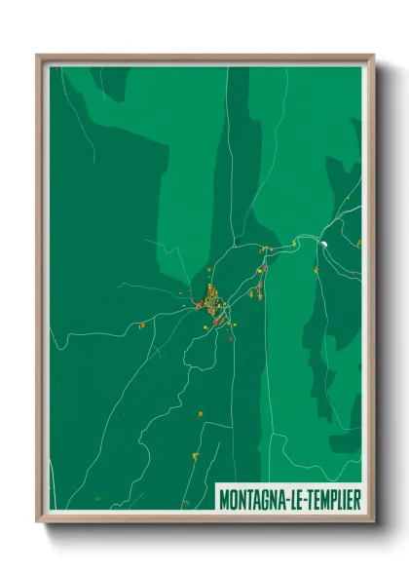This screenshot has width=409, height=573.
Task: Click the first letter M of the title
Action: pos(224,498)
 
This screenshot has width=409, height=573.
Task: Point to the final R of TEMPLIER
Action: pos(357,498)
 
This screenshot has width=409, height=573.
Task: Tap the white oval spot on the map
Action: pos(324,243)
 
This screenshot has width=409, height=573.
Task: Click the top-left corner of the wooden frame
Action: pos(38,56)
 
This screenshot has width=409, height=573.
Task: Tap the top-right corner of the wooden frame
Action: pos(373,56)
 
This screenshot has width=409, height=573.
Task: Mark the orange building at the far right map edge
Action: pos(358,242)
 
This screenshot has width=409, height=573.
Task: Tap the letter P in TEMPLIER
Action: pos(332,498)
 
